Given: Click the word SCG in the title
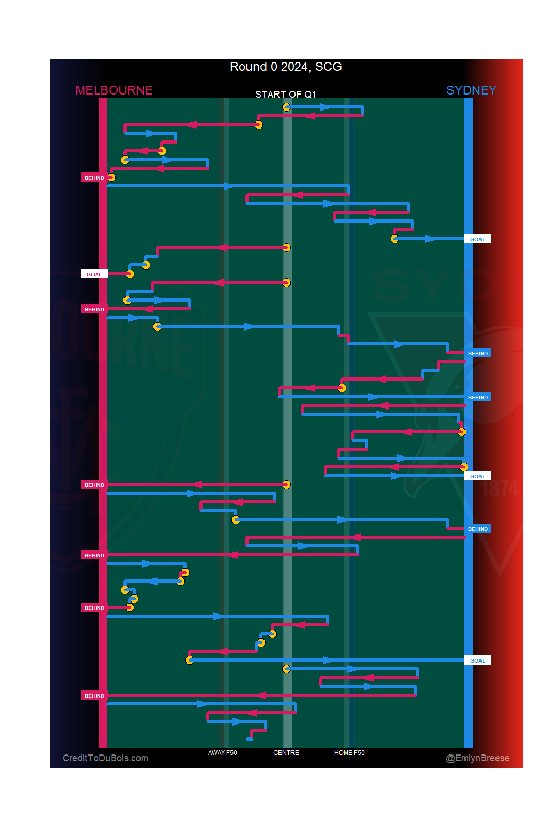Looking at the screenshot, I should [x=329, y=67].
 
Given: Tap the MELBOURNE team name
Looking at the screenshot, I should [x=114, y=90].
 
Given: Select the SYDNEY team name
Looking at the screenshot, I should [x=471, y=90].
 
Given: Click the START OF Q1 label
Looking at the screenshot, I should [x=285, y=94].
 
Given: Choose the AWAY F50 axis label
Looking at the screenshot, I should [x=222, y=752].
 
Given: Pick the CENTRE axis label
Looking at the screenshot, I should [x=286, y=752].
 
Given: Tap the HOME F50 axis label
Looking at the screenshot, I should [x=349, y=752].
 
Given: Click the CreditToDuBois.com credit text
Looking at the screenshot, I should [x=105, y=758].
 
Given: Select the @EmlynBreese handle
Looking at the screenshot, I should [x=477, y=758].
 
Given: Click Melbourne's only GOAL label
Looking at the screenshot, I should [x=94, y=274].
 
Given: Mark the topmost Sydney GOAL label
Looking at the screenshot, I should [x=477, y=239].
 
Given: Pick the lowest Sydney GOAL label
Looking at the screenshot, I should [x=477, y=660].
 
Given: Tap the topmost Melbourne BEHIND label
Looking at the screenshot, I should [x=94, y=178].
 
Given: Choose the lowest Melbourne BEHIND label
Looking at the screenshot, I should [x=94, y=696].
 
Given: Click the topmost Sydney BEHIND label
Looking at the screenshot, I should [x=477, y=353].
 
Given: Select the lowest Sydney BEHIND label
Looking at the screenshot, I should [x=477, y=529].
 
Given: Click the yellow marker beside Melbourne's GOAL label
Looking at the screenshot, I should [x=130, y=274].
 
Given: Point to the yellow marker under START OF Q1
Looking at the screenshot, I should [x=286, y=107].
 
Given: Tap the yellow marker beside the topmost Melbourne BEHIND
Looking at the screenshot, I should [x=111, y=177].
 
